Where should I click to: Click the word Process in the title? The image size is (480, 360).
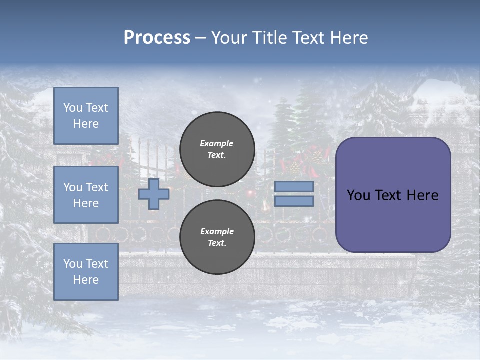click(157, 38)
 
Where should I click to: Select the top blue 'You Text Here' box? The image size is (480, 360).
click(86, 116)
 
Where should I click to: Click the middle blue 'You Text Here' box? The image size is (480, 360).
click(86, 195)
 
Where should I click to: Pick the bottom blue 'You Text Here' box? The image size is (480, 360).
click(86, 271)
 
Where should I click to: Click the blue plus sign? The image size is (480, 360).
click(154, 194)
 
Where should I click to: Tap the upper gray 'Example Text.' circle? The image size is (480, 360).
click(217, 149)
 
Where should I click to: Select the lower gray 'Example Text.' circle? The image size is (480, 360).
click(217, 237)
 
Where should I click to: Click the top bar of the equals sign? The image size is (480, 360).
click(294, 186)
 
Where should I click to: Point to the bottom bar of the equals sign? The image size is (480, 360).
click(294, 201)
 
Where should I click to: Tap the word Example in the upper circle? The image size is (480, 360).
click(217, 144)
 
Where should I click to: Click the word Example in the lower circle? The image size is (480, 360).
click(217, 232)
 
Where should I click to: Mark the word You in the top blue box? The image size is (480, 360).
click(72, 108)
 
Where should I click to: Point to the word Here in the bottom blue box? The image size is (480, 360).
click(86, 280)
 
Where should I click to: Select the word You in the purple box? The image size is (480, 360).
click(358, 195)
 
